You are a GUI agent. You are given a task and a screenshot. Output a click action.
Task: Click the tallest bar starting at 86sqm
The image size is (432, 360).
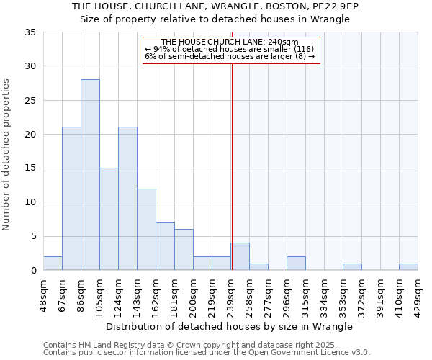[x=90, y=175]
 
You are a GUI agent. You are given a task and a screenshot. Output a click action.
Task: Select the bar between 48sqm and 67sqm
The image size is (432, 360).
[x=53, y=264]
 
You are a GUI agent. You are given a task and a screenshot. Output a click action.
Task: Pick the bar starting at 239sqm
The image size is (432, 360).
[x=240, y=256]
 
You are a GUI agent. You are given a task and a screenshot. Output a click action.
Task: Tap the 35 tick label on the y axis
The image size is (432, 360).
[x=30, y=32]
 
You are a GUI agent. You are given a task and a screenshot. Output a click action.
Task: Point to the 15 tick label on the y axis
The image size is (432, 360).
[x=30, y=168]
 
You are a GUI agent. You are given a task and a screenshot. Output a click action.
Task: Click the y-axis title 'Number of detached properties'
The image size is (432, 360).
[x=7, y=155]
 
